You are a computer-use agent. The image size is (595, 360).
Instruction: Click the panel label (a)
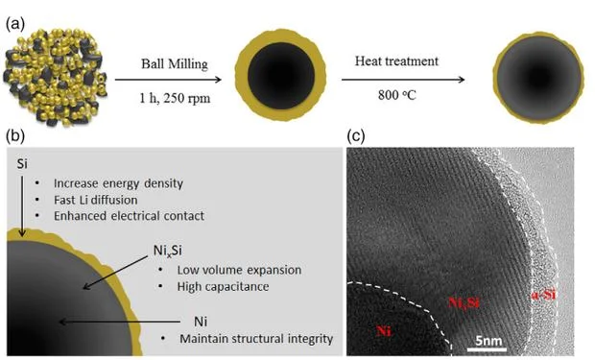[x=15, y=24]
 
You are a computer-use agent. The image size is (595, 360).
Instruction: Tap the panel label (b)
[x=15, y=136]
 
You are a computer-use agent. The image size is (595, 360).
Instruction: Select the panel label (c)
[x=356, y=136]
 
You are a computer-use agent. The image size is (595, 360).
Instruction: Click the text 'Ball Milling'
[x=175, y=63]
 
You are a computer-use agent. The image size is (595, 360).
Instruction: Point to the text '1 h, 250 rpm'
[x=175, y=98]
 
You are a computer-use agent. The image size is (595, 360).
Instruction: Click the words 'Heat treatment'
[x=396, y=60]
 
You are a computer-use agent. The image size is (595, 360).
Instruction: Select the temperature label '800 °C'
[x=397, y=95]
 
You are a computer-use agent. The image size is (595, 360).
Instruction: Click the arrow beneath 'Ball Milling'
[x=168, y=80]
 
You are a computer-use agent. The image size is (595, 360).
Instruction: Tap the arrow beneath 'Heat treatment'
[x=403, y=80]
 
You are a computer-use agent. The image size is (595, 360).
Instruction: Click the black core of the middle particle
[x=281, y=76]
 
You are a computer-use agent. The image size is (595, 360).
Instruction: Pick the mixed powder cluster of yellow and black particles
[x=56, y=77]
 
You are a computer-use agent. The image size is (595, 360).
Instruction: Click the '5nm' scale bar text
[x=488, y=341]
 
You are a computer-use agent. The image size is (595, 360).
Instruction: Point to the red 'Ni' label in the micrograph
[x=384, y=331]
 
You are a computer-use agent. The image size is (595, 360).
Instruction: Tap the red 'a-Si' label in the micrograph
[x=544, y=295]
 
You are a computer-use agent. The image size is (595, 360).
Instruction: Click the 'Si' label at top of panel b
[x=22, y=164]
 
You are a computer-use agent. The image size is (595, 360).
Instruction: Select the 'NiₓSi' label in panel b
[x=167, y=251]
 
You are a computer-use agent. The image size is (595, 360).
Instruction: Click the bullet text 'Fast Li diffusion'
[x=96, y=200]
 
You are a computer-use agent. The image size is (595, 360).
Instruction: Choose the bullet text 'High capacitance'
[x=223, y=286]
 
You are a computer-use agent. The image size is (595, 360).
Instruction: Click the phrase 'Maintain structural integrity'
[x=256, y=339]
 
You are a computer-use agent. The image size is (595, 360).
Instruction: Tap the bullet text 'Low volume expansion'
[x=239, y=270]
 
